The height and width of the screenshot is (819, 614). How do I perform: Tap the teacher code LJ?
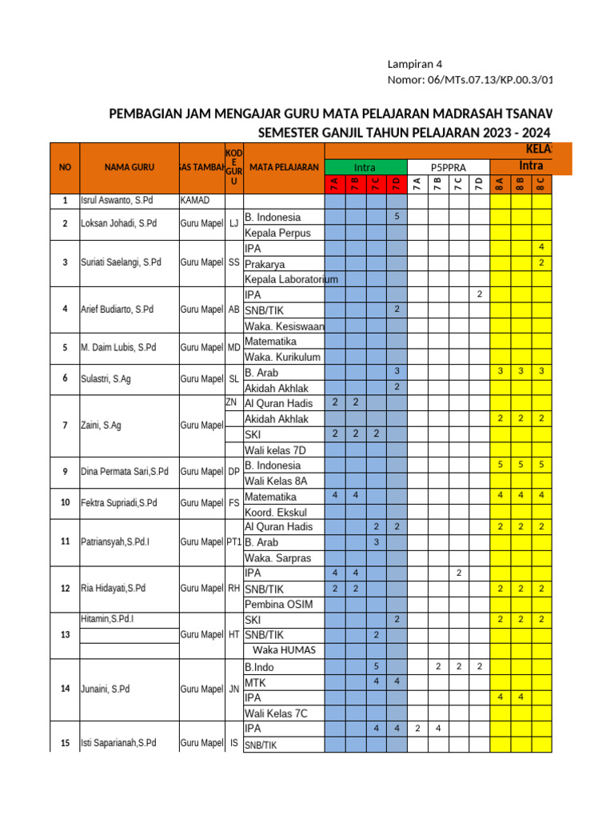click(x=233, y=224)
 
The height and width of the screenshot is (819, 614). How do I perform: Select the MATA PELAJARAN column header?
click(x=284, y=167)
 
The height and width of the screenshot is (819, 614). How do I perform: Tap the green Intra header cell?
click(x=365, y=167)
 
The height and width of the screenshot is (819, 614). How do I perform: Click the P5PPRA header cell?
click(x=448, y=167)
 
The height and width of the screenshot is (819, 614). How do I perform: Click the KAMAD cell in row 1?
click(x=196, y=201)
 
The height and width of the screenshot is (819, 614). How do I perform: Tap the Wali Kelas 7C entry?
click(x=276, y=713)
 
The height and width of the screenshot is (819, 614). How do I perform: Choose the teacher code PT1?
click(x=233, y=541)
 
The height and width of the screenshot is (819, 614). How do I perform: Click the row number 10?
click(x=65, y=503)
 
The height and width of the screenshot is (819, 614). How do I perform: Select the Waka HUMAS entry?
click(x=284, y=650)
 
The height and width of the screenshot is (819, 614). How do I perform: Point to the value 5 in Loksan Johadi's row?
click(x=397, y=217)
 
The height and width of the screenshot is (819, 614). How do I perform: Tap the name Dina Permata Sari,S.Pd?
click(x=125, y=472)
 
